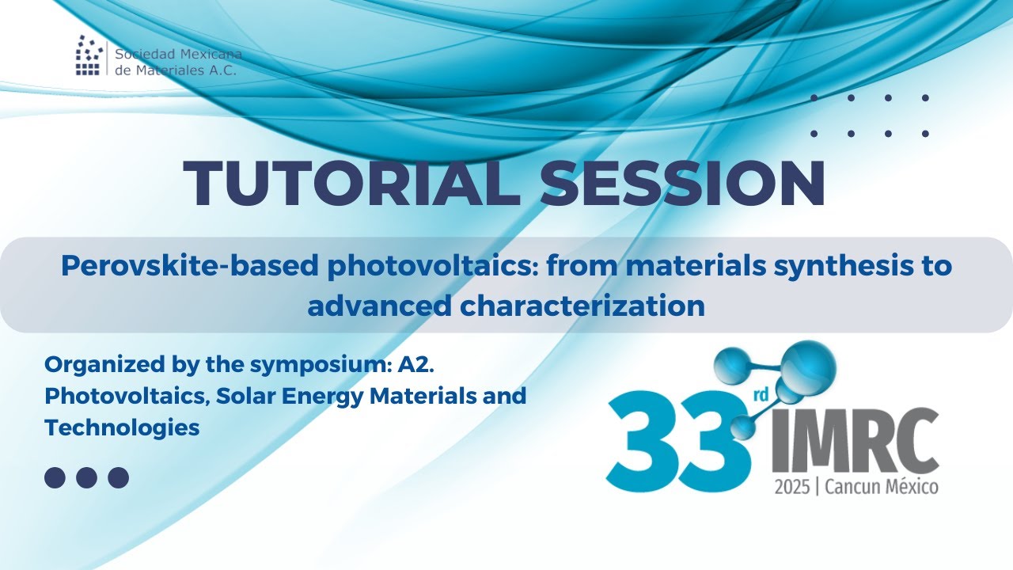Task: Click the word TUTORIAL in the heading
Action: point(351,183)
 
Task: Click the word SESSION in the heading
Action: point(681,183)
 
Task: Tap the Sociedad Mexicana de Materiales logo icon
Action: point(89,55)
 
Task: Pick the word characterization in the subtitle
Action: point(586,305)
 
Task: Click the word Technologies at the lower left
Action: point(122,427)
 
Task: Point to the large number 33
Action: point(677,445)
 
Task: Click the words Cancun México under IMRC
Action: point(881,487)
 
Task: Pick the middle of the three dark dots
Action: point(86,477)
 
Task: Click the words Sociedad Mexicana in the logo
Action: point(178,55)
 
